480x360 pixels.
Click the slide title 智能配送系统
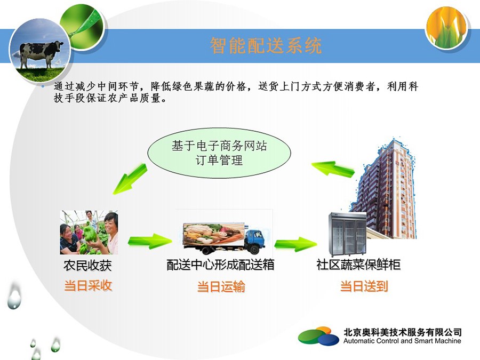(x=266, y=46)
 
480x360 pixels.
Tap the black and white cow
(x=41, y=54)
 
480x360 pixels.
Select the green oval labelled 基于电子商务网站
(x=219, y=153)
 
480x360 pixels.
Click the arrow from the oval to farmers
(x=130, y=179)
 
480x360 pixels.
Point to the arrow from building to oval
(x=333, y=169)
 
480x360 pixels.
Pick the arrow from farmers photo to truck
(x=150, y=241)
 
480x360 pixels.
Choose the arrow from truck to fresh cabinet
(x=296, y=243)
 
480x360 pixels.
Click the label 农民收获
(x=87, y=265)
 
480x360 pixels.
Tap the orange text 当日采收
(x=88, y=286)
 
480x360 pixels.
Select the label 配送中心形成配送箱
(x=220, y=265)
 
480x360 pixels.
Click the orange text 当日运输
(x=221, y=287)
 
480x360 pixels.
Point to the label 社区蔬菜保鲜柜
(x=358, y=265)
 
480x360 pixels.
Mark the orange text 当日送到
(x=364, y=286)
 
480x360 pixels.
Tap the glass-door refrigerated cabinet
(x=347, y=234)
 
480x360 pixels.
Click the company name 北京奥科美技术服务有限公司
(x=402, y=332)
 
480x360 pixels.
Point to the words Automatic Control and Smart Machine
(x=402, y=341)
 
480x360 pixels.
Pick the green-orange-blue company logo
(x=319, y=336)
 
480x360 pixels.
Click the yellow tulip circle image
(x=446, y=28)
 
